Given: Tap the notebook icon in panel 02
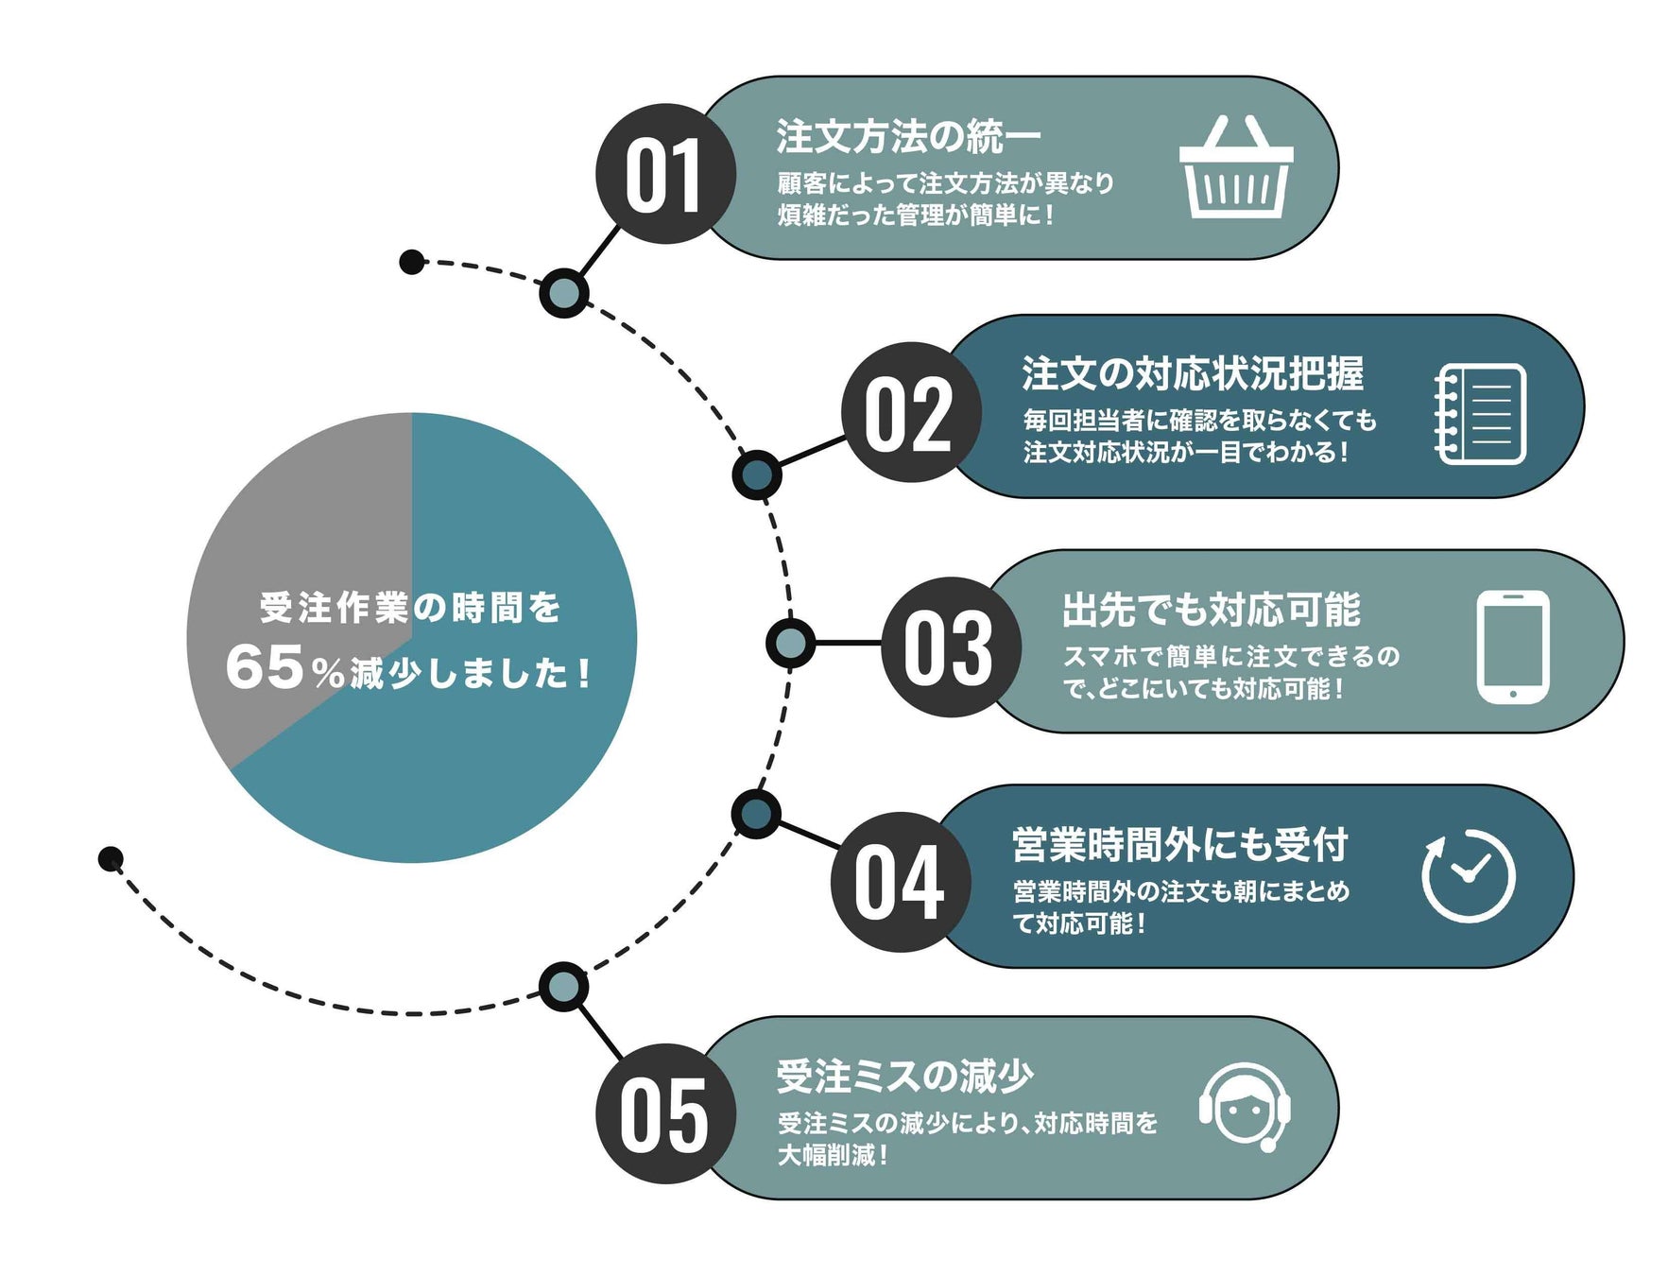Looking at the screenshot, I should pos(1479,413).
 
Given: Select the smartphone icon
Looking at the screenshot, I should pos(1512,647).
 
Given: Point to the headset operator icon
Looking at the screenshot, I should pos(1245,1107).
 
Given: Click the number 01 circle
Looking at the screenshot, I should pos(664,174).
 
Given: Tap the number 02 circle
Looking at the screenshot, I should pos(910,413).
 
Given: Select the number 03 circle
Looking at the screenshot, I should pos(950,647).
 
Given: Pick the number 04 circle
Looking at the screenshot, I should pos(900,881).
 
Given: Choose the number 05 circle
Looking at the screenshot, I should pos(664,1113).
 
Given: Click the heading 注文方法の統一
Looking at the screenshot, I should pos(907,136).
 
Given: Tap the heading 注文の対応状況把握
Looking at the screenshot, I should pos(1192,373).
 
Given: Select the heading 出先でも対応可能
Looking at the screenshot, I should pos(1211,610).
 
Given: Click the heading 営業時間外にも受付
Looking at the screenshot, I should pos(1179,844).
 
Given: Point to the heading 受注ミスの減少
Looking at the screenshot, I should pos(904,1076).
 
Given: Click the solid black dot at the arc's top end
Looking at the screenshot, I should pos(411,262).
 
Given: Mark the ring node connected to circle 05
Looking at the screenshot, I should pos(563,987).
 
